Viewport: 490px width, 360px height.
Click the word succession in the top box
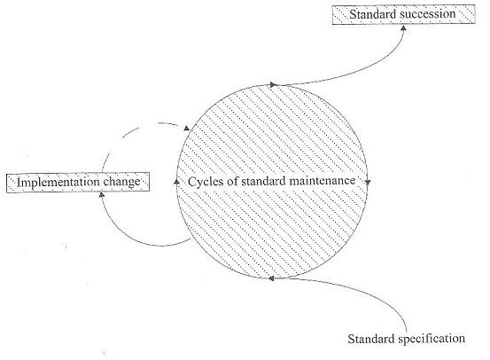[x=426, y=14]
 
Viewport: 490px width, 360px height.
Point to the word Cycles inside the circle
[x=206, y=182]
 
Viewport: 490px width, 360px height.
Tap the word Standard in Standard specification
[x=371, y=339]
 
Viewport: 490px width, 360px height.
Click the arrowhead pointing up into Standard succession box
[x=403, y=27]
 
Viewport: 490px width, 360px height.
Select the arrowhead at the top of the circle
[x=274, y=85]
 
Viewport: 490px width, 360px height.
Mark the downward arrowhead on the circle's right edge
[x=368, y=182]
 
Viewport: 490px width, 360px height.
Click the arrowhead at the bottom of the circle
[x=271, y=278]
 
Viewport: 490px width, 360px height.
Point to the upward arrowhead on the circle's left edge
[x=176, y=181]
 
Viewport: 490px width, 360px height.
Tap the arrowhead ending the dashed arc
[x=187, y=128]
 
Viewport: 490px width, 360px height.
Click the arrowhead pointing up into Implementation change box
[x=101, y=195]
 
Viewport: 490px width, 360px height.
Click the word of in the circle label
[x=232, y=181]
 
